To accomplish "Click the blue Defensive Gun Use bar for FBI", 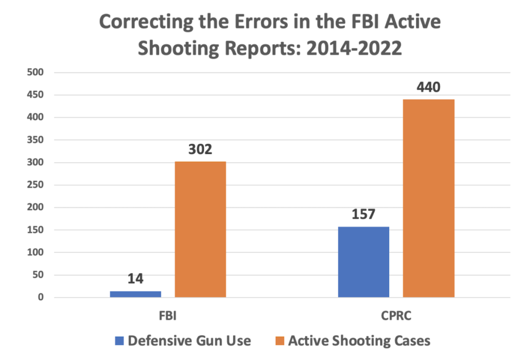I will tap(135, 294).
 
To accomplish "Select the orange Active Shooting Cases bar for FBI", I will tap(200, 229).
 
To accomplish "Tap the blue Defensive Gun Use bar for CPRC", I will tap(363, 262).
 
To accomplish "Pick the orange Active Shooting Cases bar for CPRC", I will tap(428, 198).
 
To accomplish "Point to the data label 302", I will tap(200, 150).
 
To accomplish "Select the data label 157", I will tap(363, 215).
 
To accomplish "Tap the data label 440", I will tap(428, 88).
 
